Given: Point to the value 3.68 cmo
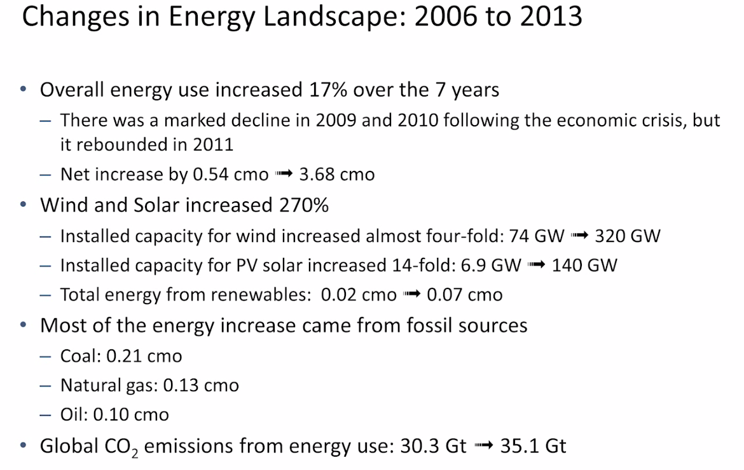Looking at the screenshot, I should point(337,174).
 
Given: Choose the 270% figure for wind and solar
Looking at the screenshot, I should point(304,205).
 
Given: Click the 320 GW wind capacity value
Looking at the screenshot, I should point(627,236).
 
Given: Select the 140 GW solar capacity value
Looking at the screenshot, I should point(584,265).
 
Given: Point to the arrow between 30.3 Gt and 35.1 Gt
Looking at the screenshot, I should point(483,446).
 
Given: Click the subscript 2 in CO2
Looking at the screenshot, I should point(135,453).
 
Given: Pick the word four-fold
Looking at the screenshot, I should point(458,236).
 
